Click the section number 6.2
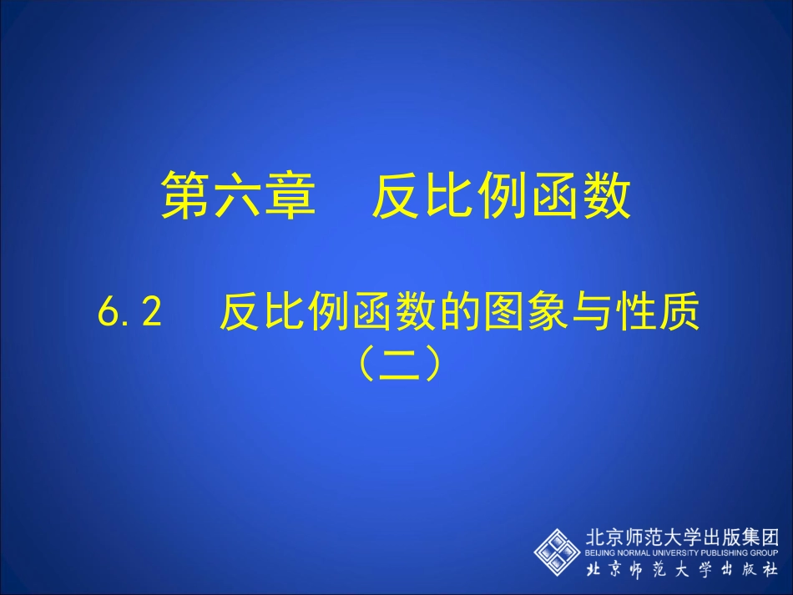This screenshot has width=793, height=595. (x=128, y=315)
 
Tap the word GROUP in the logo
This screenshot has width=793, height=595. (x=765, y=552)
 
